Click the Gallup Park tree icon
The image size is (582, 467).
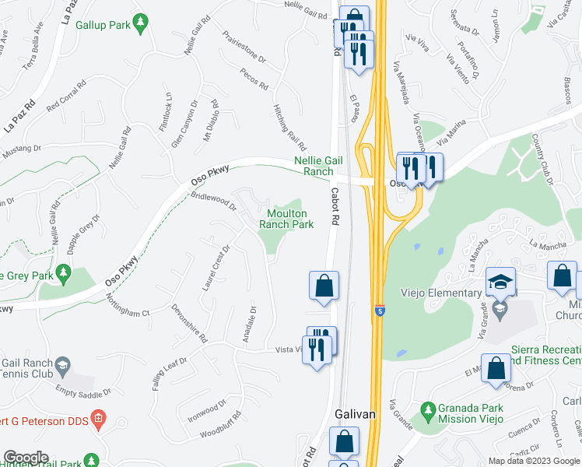[x=141, y=25]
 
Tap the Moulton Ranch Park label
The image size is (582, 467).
[x=286, y=219]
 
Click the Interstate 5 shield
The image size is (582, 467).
[x=379, y=309]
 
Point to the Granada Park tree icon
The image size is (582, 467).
[x=427, y=409]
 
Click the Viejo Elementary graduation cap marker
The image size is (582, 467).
[x=501, y=282]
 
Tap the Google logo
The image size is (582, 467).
[x=26, y=458]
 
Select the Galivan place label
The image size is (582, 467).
[x=355, y=415]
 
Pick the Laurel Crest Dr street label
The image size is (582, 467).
[x=216, y=269]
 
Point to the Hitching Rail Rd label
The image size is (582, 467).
[x=288, y=128]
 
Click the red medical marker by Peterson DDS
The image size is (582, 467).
[x=98, y=422]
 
